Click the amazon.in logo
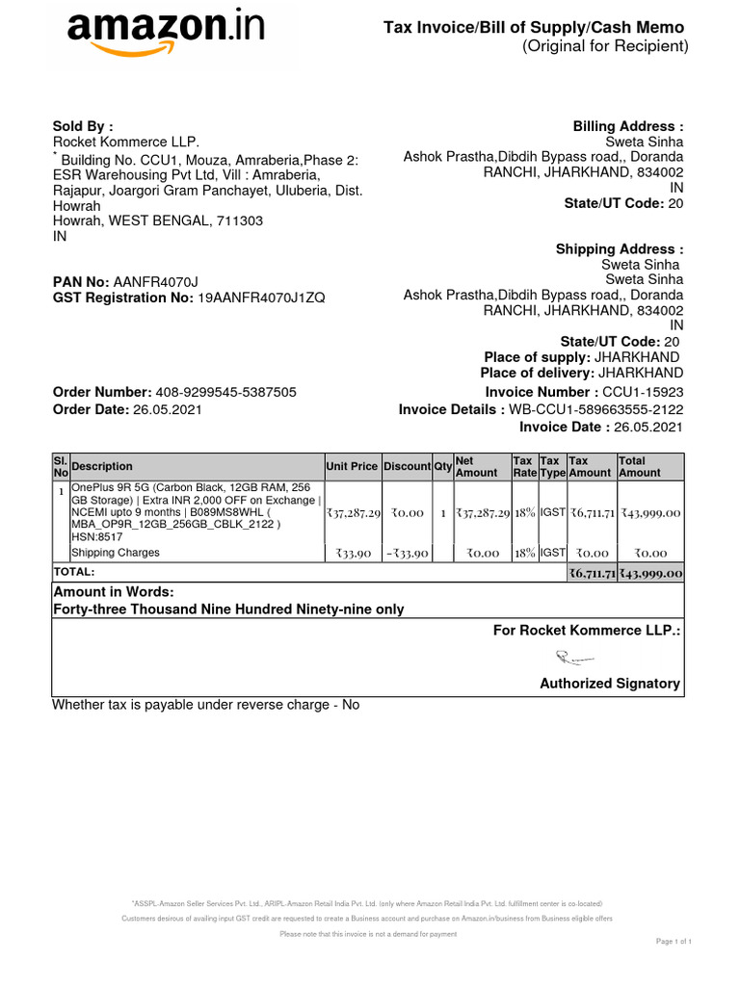[164, 35]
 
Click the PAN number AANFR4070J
[155, 281]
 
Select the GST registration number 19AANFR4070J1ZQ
[261, 298]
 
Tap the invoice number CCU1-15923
[643, 392]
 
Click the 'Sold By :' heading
[82, 126]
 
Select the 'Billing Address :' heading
[628, 126]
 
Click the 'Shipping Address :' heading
[620, 249]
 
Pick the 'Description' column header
[102, 466]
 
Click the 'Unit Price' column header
[352, 466]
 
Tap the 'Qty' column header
[443, 466]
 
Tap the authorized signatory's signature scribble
[574, 659]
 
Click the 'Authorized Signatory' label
[609, 684]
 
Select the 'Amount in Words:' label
[113, 591]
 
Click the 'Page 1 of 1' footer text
[674, 941]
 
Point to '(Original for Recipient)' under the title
[605, 47]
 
